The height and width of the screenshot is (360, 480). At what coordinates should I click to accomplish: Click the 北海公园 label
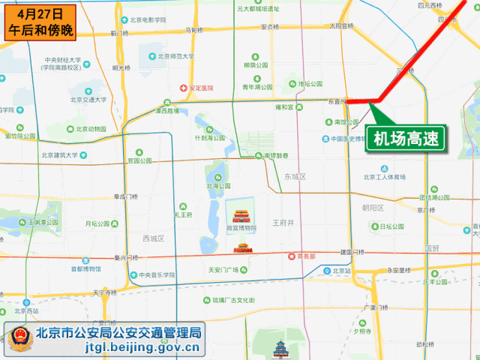[x=218, y=186]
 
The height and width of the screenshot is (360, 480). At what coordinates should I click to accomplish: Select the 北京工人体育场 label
[x=384, y=177]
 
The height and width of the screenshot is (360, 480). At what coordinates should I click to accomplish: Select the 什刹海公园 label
[x=210, y=138]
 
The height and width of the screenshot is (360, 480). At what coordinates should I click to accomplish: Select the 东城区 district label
[x=296, y=176]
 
